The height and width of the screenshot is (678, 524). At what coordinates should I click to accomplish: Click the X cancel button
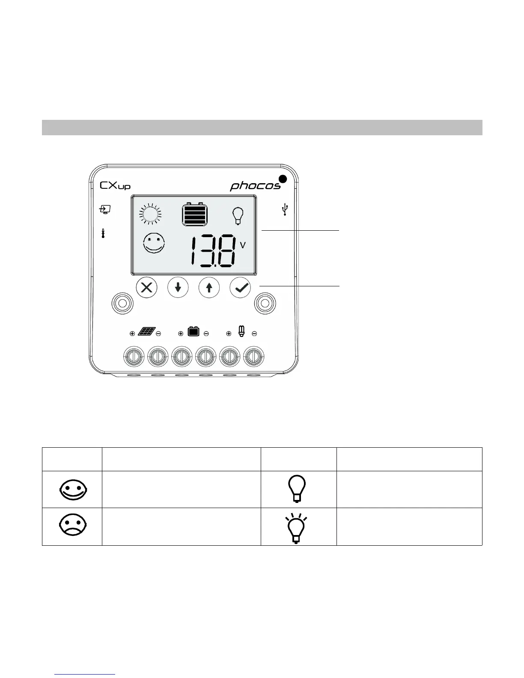146,288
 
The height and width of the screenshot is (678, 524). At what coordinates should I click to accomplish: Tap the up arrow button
209,288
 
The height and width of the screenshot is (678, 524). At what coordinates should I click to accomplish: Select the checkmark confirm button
241,288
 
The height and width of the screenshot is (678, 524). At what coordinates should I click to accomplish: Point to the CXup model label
115,186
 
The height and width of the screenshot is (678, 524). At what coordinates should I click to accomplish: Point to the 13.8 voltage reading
213,252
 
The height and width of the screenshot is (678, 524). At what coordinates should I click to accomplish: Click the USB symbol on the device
285,210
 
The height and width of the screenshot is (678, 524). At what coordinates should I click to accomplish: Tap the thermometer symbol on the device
103,233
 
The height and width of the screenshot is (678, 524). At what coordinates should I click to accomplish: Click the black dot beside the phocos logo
282,179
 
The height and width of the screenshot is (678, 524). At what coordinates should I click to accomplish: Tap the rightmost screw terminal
253,356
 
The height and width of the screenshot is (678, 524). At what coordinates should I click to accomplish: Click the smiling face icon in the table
72,489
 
